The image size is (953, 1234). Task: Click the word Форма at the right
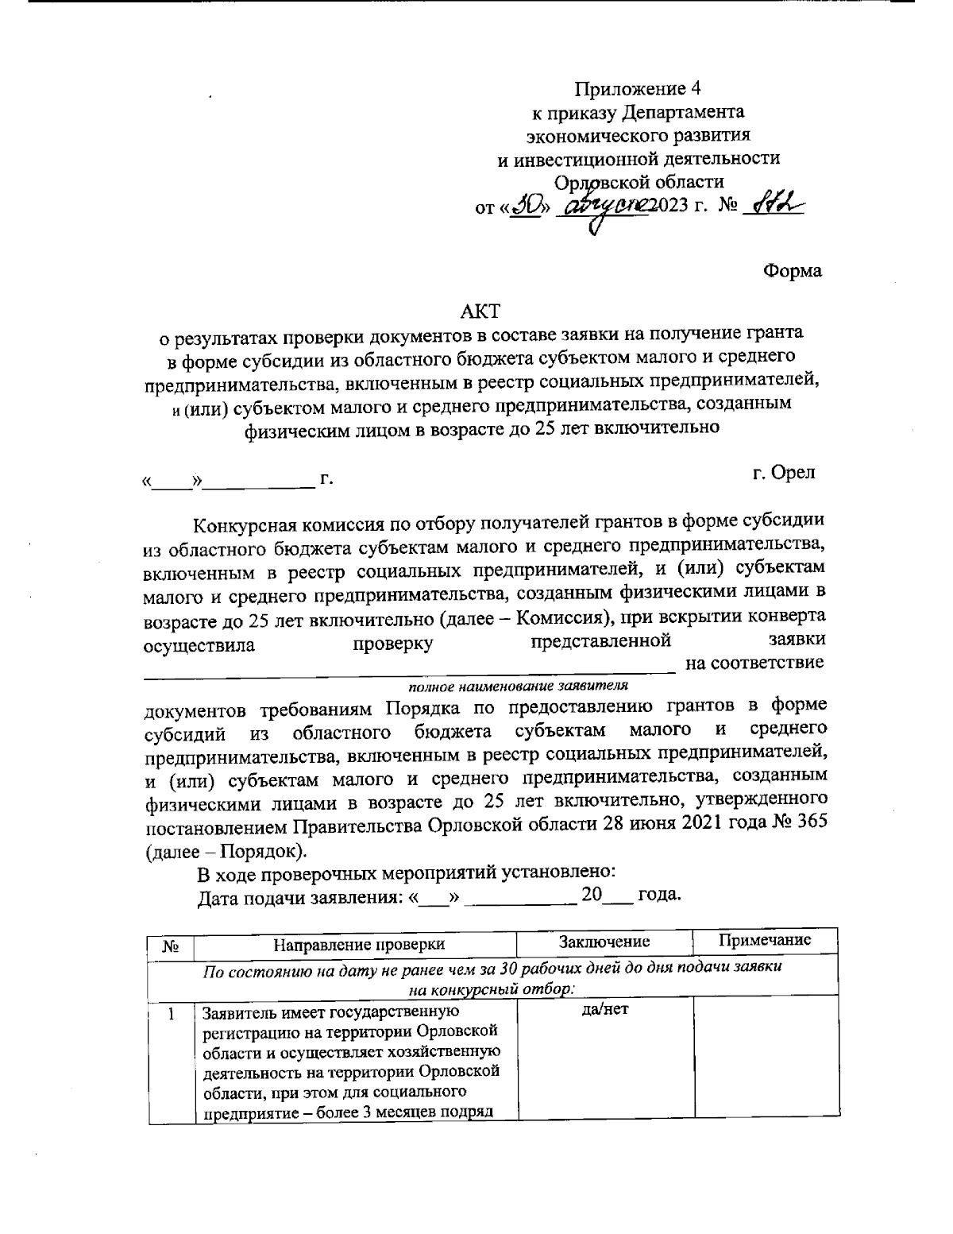792,271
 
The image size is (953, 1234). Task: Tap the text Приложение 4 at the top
638,87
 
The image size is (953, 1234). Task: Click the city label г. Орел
783,473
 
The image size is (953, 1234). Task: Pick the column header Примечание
764,940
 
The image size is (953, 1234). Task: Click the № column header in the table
170,946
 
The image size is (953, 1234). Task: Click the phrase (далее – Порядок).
226,850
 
